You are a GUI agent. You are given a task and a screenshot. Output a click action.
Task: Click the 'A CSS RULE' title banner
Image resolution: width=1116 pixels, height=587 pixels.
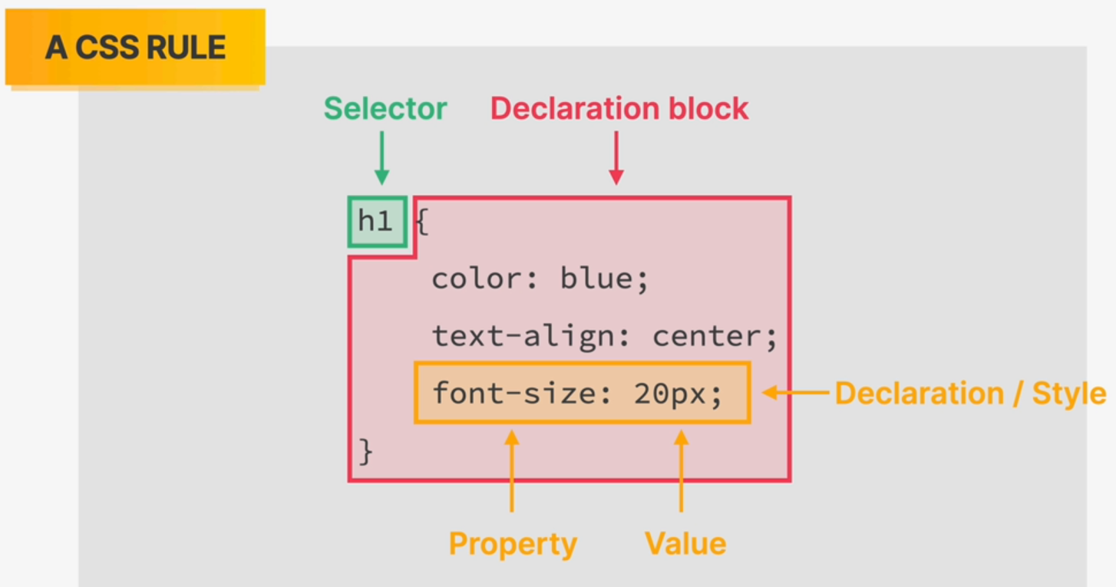coord(135,47)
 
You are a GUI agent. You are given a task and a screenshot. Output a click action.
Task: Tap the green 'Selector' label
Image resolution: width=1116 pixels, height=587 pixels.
coord(385,108)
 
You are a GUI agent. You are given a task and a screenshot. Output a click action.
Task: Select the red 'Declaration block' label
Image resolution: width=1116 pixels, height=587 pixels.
coord(619,108)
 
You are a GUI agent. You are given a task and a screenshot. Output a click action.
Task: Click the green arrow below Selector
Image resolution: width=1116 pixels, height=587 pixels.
coord(381,158)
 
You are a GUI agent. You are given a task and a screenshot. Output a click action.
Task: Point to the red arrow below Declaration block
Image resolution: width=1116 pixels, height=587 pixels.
coord(616,158)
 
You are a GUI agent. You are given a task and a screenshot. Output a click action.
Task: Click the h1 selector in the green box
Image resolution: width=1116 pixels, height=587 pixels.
coord(375,220)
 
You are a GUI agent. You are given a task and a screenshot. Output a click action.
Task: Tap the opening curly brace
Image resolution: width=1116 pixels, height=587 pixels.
coord(421,222)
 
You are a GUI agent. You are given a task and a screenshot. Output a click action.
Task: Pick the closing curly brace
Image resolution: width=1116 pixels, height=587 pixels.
coord(365,452)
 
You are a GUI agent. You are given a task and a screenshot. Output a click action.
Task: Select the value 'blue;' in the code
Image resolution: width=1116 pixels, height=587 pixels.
coord(604,279)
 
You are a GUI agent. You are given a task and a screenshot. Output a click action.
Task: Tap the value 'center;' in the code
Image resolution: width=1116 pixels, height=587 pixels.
coord(715,337)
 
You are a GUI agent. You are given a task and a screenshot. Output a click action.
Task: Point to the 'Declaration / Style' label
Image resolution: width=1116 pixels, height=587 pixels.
coord(970,394)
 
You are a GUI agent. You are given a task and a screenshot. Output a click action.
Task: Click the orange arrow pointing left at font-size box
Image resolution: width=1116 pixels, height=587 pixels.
coord(796,393)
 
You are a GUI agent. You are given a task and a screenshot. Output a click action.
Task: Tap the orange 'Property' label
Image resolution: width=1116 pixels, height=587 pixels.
coord(513,544)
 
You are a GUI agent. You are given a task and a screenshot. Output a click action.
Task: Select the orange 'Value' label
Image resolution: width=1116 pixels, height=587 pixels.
coord(685,543)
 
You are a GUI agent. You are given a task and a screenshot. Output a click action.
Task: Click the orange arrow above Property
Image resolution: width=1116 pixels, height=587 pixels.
coord(512,471)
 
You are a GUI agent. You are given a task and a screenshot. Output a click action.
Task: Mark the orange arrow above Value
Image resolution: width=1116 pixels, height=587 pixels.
coord(681,471)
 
